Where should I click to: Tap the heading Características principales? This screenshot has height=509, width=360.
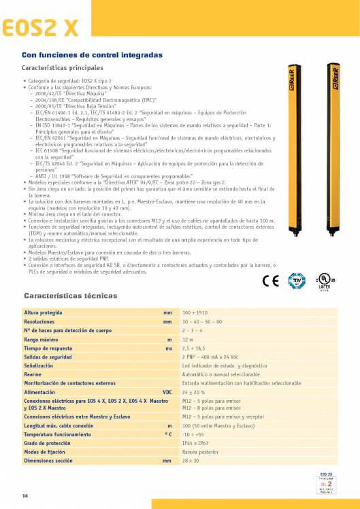click(x=63, y=68)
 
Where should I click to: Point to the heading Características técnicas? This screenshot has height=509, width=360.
click(x=70, y=295)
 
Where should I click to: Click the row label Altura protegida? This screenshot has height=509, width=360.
click(x=44, y=312)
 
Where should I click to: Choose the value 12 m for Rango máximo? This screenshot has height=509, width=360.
click(x=188, y=338)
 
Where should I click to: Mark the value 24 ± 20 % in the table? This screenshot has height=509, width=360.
click(x=194, y=392)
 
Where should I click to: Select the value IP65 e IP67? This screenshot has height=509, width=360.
click(x=196, y=442)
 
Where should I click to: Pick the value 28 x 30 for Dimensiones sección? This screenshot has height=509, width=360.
click(x=191, y=460)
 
